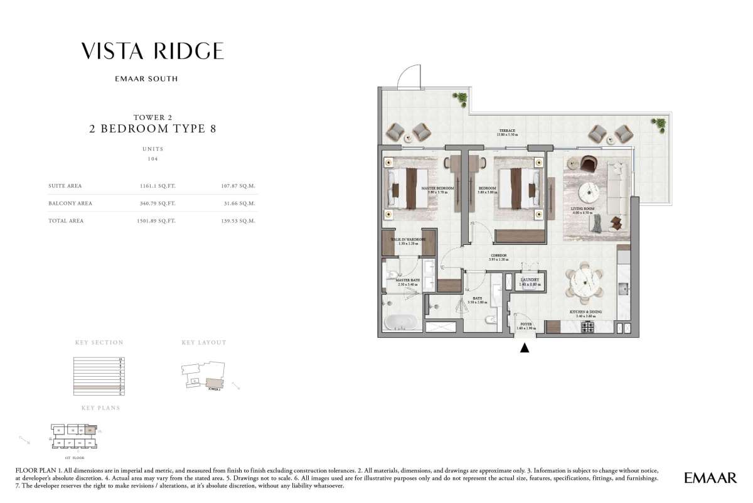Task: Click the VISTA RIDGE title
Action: [152, 51]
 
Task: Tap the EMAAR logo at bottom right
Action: [710, 479]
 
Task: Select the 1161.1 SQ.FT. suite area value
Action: [158, 186]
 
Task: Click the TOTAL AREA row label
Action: [66, 221]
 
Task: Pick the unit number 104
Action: [152, 159]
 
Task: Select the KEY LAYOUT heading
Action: [204, 343]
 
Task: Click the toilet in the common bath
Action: [489, 320]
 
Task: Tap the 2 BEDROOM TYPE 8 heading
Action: [152, 129]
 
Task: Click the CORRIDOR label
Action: [499, 256]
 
